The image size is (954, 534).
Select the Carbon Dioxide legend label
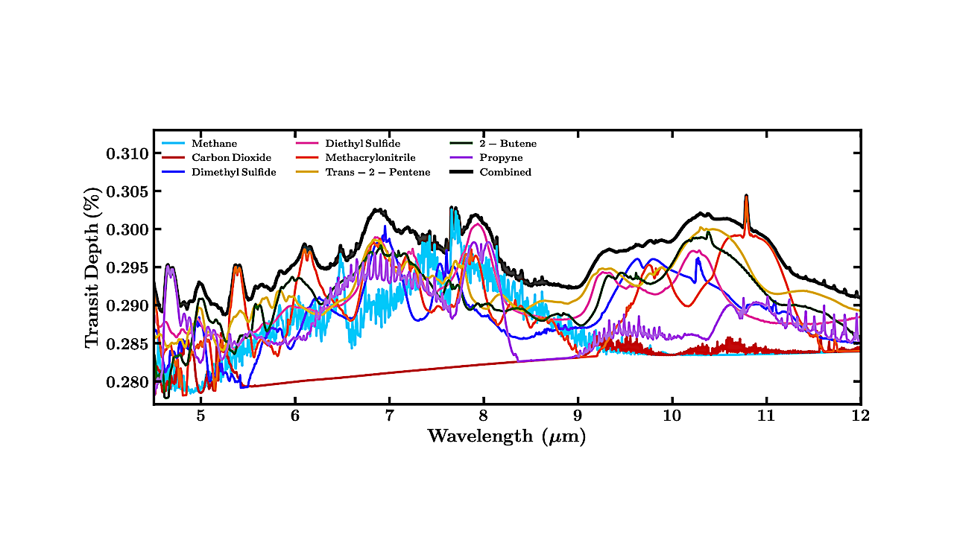(230, 158)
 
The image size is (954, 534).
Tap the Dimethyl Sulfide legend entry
(233, 172)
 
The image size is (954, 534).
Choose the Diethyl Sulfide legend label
(362, 144)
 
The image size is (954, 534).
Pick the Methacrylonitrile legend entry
(370, 158)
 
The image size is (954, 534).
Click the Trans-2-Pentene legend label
(378, 172)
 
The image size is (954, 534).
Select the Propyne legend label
(501, 158)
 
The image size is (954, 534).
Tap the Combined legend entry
(505, 172)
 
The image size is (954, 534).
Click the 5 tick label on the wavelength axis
(200, 416)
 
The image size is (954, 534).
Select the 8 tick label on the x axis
(483, 416)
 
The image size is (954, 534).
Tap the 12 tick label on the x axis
(860, 416)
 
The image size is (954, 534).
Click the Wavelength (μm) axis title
(506, 436)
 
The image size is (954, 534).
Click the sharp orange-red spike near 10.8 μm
(746, 198)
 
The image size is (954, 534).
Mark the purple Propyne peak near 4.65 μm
(169, 267)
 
